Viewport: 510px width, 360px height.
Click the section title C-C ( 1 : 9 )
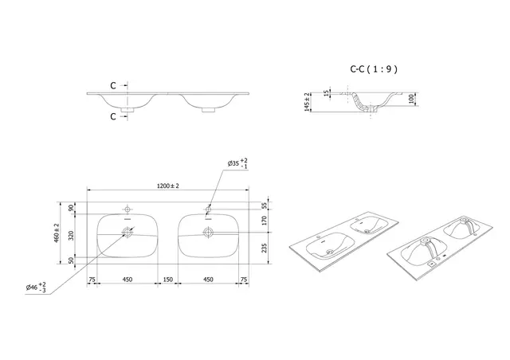[x=374, y=69]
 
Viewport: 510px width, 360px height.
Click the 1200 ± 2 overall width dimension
[x=168, y=186]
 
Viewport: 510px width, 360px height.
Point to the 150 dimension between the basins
[x=168, y=280]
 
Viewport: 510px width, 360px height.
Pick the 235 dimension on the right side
[x=265, y=247]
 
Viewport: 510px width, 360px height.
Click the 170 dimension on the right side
[x=265, y=222]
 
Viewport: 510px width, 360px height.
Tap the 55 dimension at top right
[x=265, y=205]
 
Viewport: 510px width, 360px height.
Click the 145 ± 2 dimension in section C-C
[x=305, y=101]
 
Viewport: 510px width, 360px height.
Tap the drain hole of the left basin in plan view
[x=127, y=233]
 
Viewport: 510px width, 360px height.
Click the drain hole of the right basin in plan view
[x=208, y=233]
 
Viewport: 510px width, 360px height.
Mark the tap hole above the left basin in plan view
[x=127, y=209]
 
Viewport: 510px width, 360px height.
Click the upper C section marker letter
[x=113, y=85]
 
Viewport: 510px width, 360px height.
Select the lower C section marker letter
[x=113, y=115]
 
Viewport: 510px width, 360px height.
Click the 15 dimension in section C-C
[x=326, y=93]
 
